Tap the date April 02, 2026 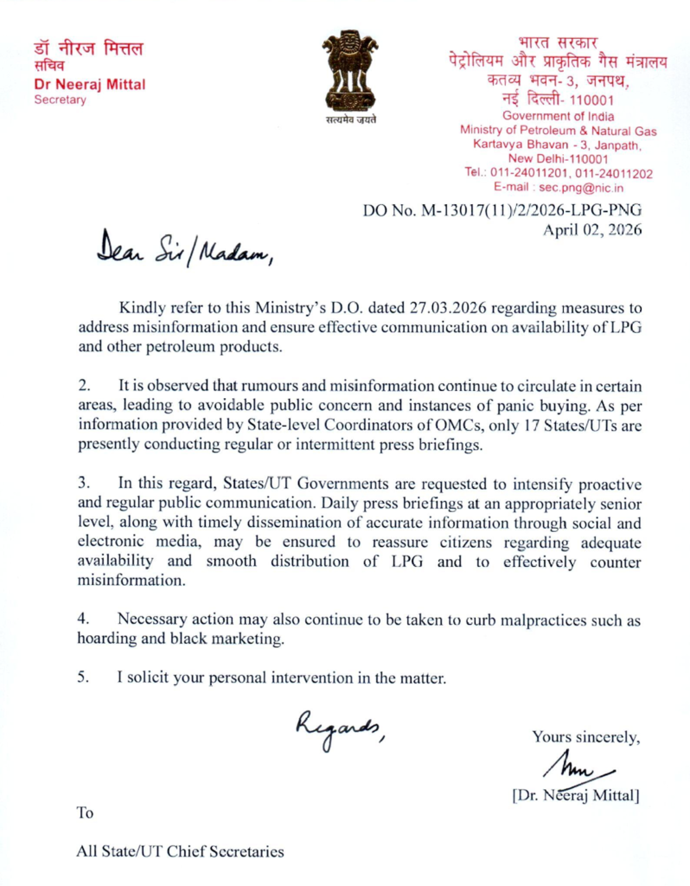591,230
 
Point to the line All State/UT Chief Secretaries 180,851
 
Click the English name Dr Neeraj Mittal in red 89,84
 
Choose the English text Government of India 558,116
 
